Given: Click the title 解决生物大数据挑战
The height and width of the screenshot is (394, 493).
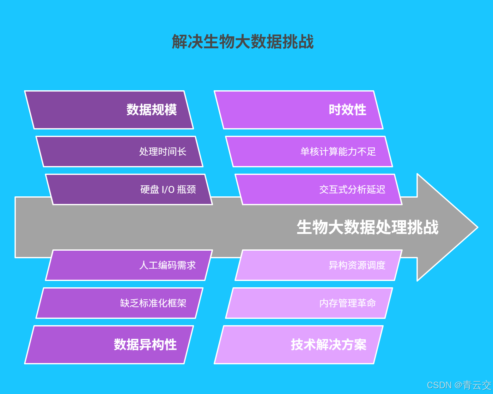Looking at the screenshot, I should click(243, 42).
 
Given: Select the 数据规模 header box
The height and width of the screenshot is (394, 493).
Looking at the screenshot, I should click(109, 110).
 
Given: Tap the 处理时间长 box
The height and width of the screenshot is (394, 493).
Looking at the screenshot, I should click(119, 152).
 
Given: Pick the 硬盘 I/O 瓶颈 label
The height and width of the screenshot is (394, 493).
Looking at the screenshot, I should click(168, 189).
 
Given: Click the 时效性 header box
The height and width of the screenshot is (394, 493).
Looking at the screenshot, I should click(299, 110).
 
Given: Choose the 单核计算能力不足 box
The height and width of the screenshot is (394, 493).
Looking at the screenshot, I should click(309, 152).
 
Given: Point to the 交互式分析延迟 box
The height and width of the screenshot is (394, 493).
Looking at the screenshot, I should click(319, 189).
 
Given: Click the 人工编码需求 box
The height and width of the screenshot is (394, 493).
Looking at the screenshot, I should click(129, 265).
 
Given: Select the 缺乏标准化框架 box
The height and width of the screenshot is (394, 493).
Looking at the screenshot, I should click(119, 303).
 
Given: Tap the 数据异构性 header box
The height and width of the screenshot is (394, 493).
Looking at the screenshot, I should click(109, 345).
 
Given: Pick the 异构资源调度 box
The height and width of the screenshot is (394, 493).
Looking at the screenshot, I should click(319, 265).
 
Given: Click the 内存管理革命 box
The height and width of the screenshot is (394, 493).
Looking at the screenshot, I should click(309, 303).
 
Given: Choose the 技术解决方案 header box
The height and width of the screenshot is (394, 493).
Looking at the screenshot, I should click(299, 345).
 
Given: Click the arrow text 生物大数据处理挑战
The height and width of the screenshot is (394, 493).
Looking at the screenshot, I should click(368, 227).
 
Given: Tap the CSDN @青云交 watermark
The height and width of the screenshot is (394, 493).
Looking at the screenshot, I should click(459, 385).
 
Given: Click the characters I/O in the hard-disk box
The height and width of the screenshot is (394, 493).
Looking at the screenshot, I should click(168, 190).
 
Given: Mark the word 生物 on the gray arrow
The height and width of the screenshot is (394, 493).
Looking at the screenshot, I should click(312, 227).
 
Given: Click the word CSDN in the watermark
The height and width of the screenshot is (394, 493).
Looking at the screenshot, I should click(439, 385).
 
